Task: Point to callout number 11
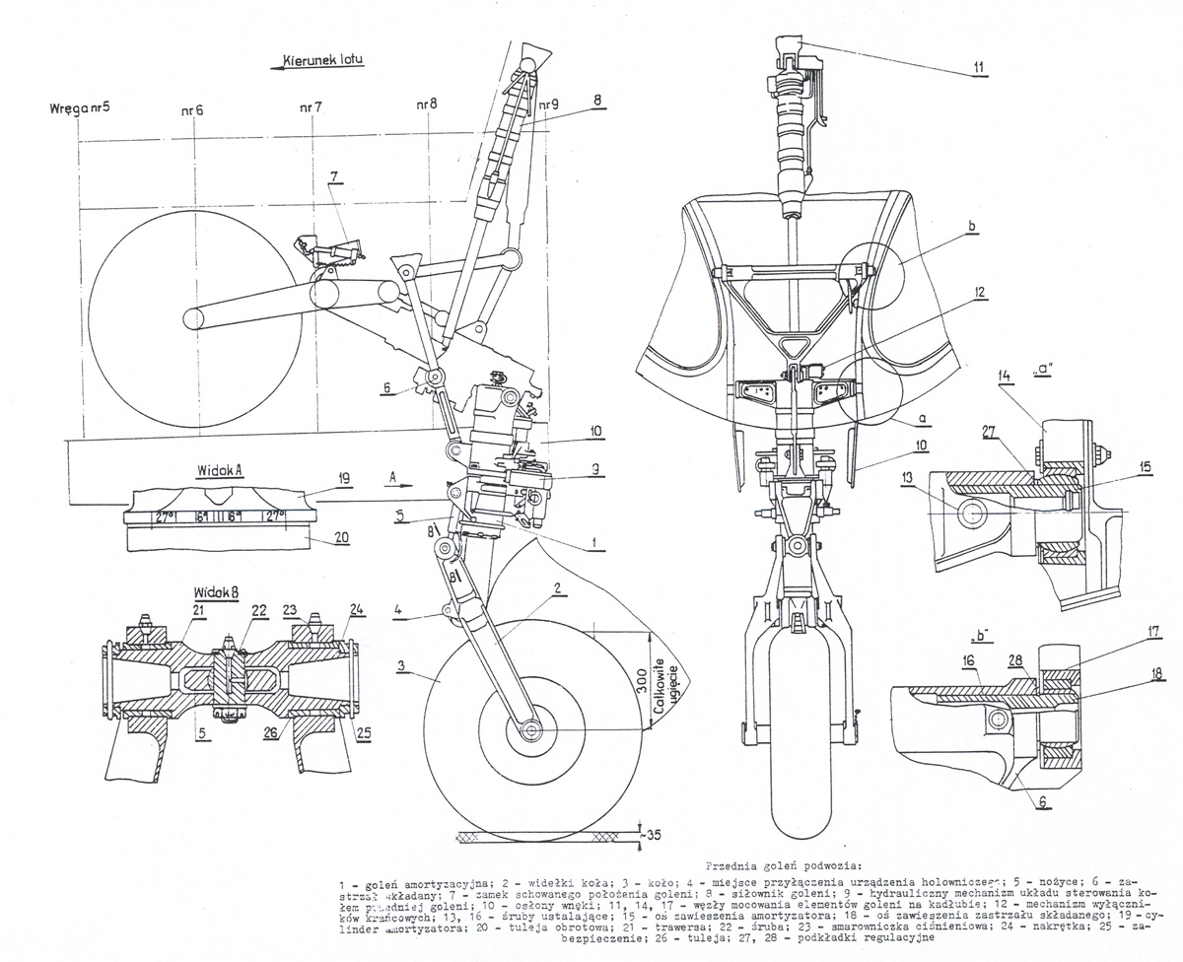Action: point(978,67)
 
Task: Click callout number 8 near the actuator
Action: point(597,99)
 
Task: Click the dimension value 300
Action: point(642,680)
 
